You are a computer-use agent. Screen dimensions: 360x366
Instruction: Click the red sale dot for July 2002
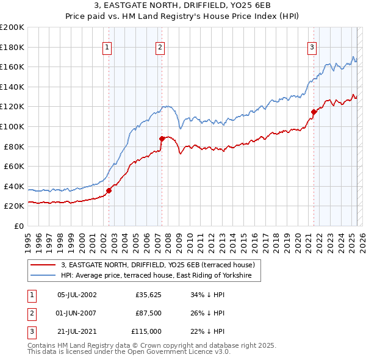pyautogui.click(x=109, y=190)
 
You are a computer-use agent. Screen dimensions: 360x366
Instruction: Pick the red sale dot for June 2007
pyautogui.click(x=162, y=139)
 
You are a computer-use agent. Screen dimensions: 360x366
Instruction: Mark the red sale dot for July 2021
pyautogui.click(x=314, y=112)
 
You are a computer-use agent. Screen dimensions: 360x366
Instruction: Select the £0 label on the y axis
pyautogui.click(x=18, y=226)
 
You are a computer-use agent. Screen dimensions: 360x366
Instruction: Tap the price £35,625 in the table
pyautogui.click(x=148, y=295)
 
